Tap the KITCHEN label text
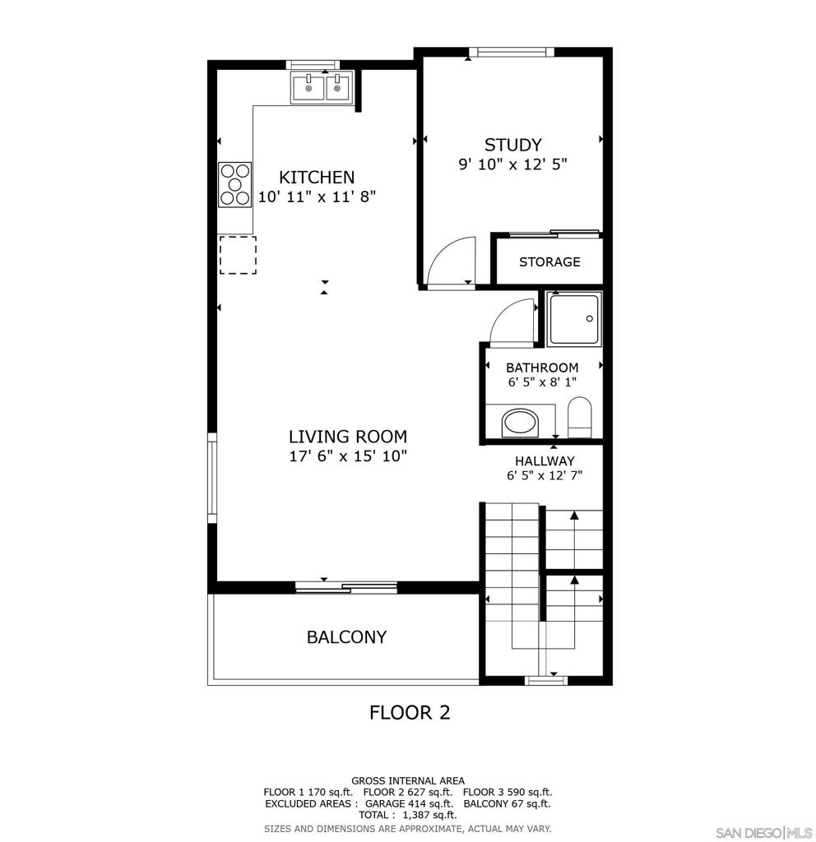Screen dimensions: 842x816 [317, 178]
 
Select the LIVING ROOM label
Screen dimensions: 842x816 [347, 437]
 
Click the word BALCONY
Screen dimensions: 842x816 [346, 637]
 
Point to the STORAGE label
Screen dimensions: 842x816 [549, 262]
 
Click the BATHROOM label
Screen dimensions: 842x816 [542, 368]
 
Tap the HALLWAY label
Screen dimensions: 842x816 [545, 461]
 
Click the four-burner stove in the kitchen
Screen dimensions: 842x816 [234, 185]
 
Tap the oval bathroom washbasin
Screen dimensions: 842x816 [519, 423]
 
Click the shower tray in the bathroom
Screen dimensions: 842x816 [575, 319]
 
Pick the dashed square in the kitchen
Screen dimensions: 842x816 [237, 254]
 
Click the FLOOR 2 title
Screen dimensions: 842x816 [410, 712]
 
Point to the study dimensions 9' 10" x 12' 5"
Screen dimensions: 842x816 [512, 164]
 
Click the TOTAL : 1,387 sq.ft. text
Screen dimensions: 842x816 [407, 815]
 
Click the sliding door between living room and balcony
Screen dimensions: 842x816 [346, 587]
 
